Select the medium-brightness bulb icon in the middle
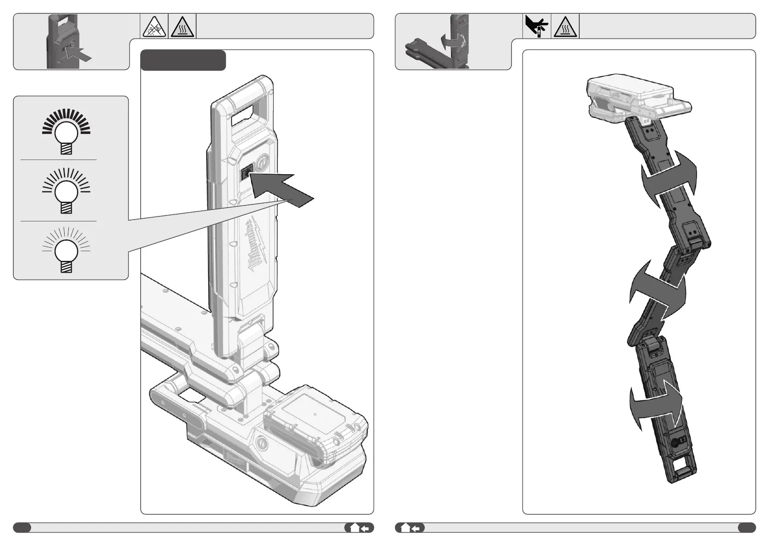click(x=66, y=191)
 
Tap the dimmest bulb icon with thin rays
click(x=66, y=250)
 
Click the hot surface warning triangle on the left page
click(x=182, y=27)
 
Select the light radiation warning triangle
click(x=154, y=27)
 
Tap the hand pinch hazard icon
click(x=537, y=26)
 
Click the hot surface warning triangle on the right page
click(x=565, y=27)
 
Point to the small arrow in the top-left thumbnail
click(x=79, y=54)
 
